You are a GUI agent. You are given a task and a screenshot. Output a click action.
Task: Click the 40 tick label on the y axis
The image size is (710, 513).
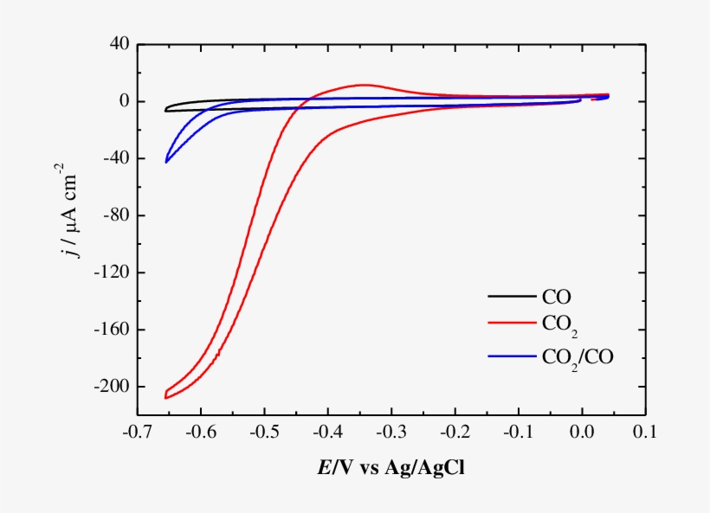pos(119,44)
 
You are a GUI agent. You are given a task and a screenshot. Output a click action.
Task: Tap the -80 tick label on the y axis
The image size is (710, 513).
pos(116,215)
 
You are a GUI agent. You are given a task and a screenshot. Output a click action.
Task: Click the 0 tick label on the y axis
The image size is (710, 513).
pos(124,101)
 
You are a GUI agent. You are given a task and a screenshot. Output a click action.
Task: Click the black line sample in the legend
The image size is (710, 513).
pos(511,297)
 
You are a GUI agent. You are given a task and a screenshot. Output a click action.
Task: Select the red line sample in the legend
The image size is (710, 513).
pos(511,326)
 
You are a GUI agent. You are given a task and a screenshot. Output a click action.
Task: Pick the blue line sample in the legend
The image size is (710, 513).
pos(511,356)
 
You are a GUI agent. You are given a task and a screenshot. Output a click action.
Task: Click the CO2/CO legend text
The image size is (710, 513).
pos(577,356)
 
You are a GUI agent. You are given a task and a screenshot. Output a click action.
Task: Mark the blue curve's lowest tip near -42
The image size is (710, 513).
pos(166,162)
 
